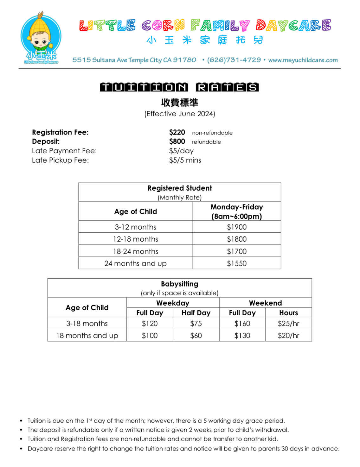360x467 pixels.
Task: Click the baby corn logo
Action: pyautogui.click(x=41, y=38)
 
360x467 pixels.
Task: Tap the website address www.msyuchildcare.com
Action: pyautogui.click(x=303, y=60)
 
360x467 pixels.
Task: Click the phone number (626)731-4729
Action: pyautogui.click(x=234, y=60)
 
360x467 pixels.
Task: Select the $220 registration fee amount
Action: pyautogui.click(x=177, y=132)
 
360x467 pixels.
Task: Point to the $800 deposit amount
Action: pyautogui.click(x=177, y=142)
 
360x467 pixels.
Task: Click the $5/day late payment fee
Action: pyautogui.click(x=181, y=151)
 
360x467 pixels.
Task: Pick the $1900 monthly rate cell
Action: pyautogui.click(x=236, y=227)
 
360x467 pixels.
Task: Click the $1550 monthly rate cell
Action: pyautogui.click(x=236, y=263)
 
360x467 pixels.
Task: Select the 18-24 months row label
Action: pyautogui.click(x=136, y=251)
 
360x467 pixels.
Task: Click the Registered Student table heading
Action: pyautogui.click(x=180, y=188)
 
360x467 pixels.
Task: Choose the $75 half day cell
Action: pyautogui.click(x=196, y=323)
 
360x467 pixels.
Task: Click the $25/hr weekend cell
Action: pyautogui.click(x=288, y=323)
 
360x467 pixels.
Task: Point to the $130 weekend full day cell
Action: pyautogui.click(x=242, y=335)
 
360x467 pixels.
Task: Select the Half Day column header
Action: pyautogui.click(x=196, y=313)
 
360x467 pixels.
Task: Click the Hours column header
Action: pyautogui.click(x=288, y=313)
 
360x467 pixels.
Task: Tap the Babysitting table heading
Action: pyautogui.click(x=180, y=284)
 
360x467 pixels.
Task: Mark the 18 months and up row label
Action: pyautogui.click(x=87, y=335)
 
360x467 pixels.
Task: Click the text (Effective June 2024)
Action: pyautogui.click(x=180, y=114)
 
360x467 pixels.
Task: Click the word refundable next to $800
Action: pyautogui.click(x=206, y=142)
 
